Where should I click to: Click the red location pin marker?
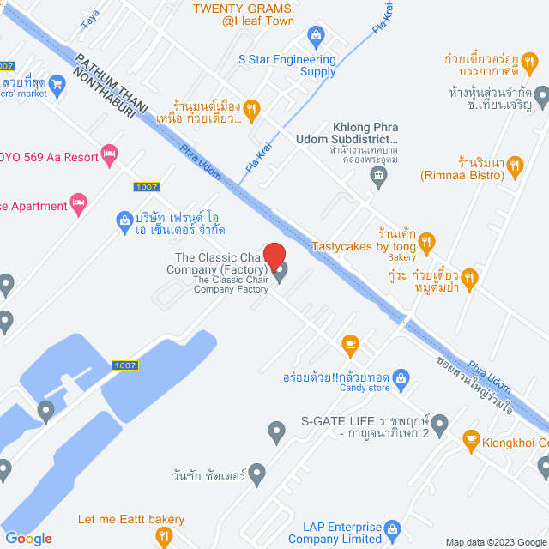point(274,256)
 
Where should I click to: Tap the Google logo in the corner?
point(28,538)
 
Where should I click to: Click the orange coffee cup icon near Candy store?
point(350,344)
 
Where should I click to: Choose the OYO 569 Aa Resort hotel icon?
point(109,154)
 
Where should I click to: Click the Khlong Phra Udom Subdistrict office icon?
point(379,177)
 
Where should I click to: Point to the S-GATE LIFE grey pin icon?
point(440,423)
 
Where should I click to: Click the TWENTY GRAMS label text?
point(243,8)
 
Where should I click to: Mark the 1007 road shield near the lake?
point(124,365)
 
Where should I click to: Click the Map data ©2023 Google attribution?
point(493,541)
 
